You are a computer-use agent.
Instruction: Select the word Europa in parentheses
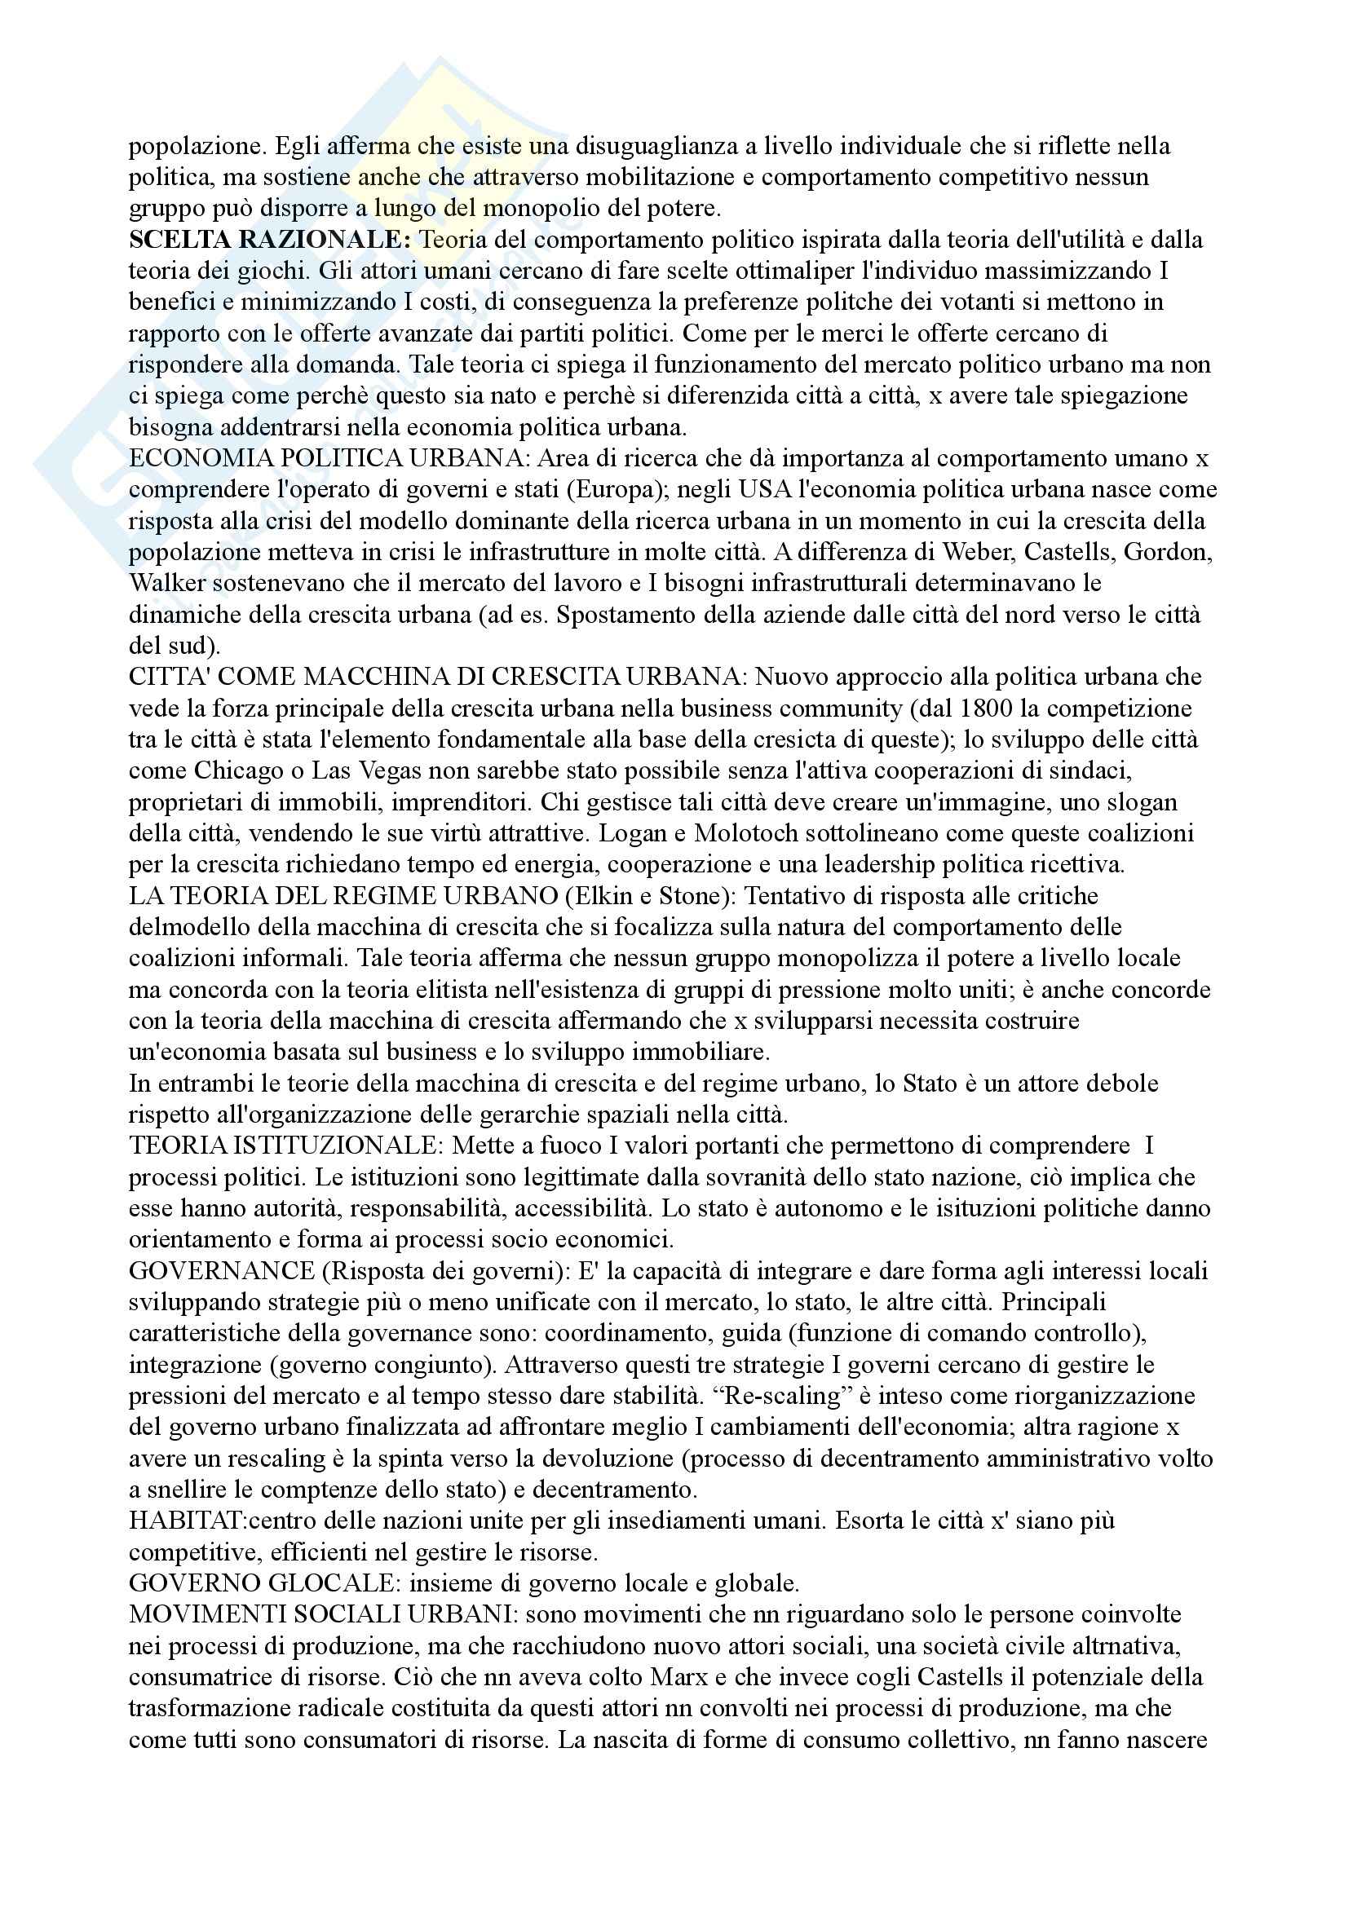point(618,490)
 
